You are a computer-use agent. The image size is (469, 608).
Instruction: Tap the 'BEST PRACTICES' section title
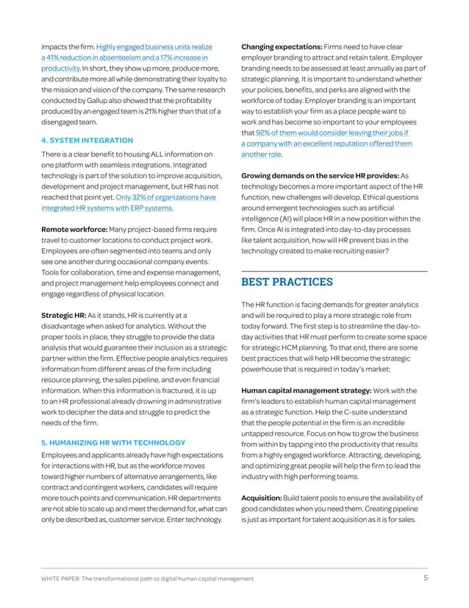287,281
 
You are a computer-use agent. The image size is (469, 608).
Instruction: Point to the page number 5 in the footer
426,578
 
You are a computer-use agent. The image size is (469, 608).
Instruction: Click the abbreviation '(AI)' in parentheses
289,219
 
